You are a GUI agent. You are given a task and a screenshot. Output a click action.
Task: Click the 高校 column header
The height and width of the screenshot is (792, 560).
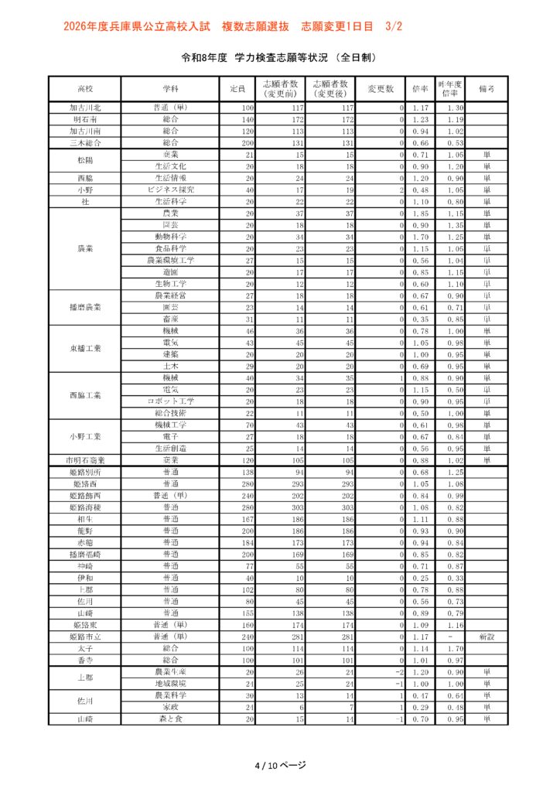coord(84,89)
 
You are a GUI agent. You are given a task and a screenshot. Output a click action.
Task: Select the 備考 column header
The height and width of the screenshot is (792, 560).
coord(487,89)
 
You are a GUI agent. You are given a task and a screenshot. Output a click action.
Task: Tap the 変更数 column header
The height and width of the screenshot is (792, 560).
coord(381,89)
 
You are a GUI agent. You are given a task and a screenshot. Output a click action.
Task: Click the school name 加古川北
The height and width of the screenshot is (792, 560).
coord(84,108)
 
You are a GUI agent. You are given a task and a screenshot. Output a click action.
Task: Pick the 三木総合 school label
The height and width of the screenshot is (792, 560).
coord(84,143)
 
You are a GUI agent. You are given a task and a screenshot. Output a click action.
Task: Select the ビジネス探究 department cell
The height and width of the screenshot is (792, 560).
coord(170,189)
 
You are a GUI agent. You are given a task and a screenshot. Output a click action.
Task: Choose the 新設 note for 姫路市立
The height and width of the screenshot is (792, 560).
coord(487,637)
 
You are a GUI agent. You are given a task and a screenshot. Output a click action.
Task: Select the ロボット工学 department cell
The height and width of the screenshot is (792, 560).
coord(170,401)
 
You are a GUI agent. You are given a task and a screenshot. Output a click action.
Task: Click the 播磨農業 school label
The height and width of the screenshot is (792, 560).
coord(84,307)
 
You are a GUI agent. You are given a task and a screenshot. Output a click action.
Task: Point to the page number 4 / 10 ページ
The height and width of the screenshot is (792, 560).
coord(280,765)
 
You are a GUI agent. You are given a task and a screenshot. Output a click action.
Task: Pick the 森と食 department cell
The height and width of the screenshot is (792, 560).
coord(170,719)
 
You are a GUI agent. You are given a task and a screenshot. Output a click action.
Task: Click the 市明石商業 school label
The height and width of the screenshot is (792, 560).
coord(84,460)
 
